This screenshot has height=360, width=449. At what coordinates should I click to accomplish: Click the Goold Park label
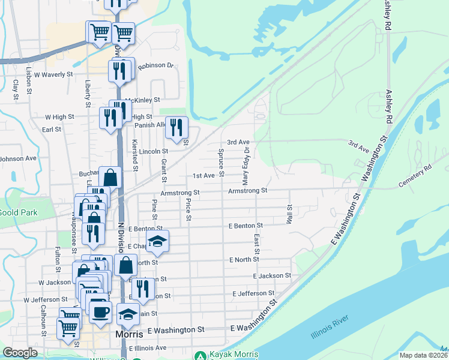tap(19, 212)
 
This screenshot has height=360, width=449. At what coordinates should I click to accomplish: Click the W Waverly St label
tap(53, 75)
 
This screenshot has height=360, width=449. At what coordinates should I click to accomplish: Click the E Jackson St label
tap(272, 276)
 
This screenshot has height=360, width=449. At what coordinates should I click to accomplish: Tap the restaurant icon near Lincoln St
tap(176, 127)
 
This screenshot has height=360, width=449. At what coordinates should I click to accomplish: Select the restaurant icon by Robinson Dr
tap(116, 71)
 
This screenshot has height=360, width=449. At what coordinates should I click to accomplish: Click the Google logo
tap(20, 353)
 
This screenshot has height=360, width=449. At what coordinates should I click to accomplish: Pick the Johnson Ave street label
tap(19, 159)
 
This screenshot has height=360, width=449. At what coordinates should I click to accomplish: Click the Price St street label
tap(188, 209)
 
